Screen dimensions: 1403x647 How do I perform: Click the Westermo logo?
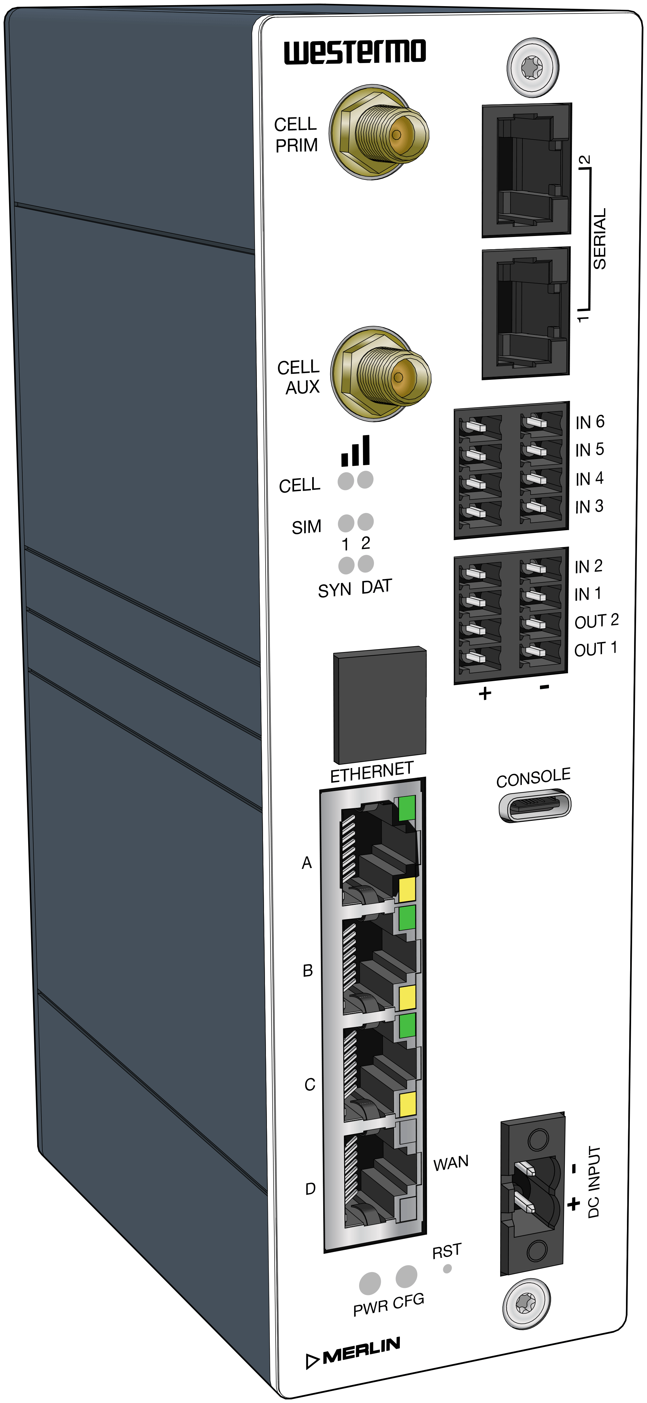point(354,52)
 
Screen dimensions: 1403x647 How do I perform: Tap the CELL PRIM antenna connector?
point(380,132)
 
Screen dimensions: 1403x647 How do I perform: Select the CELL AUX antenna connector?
point(381,374)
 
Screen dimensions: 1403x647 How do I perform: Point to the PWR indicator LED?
point(370,1283)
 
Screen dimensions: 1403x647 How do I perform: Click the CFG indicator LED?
point(406,1276)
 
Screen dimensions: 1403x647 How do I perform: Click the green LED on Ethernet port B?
point(407,918)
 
